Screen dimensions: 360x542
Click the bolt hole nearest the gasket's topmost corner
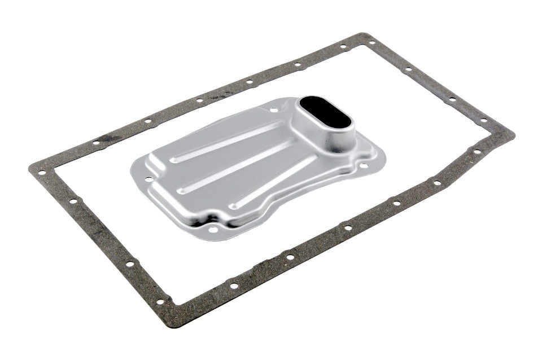(371, 42)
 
